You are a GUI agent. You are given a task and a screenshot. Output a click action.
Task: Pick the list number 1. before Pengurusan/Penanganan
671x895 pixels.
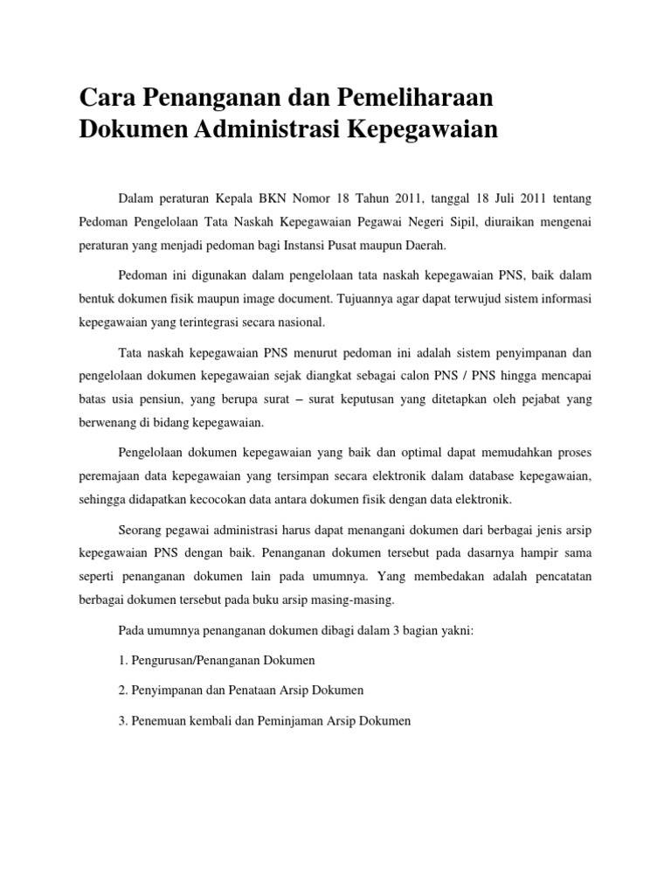[121, 660]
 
